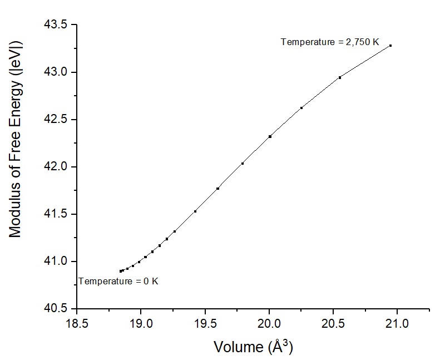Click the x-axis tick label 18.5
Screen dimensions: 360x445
77,323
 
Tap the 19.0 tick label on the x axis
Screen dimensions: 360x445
141,323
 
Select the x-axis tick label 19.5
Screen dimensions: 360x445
205,323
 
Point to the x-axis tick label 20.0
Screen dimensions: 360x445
269,323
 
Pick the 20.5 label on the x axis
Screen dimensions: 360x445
333,323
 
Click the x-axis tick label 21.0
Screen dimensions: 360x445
397,323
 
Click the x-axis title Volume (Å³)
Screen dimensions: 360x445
253,347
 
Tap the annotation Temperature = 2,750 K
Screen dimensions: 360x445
330,42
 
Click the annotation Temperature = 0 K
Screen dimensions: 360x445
118,282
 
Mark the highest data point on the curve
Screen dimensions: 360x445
390,46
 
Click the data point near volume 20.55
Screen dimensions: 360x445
339,77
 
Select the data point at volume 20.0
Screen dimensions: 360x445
270,136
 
